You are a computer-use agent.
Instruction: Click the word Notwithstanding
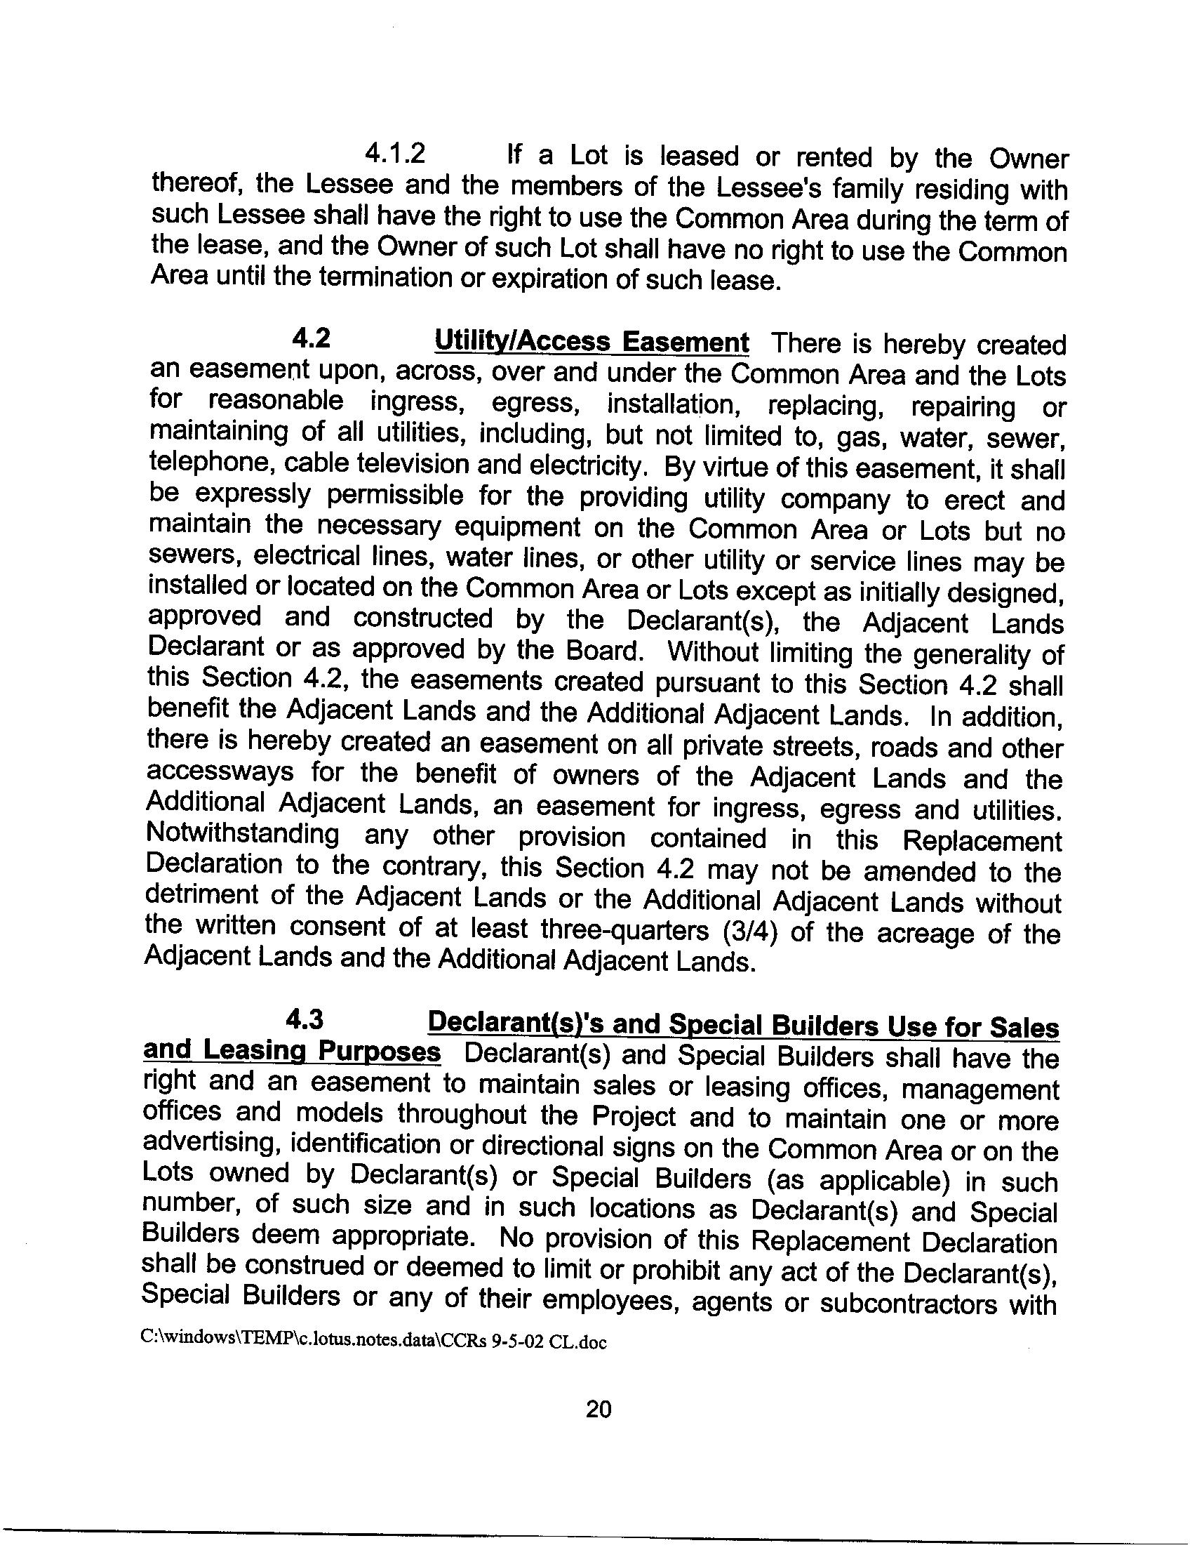tap(242, 834)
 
